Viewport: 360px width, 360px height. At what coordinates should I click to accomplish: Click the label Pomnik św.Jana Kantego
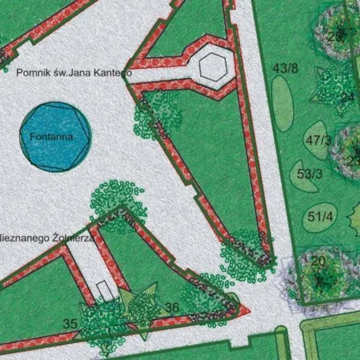tap(73, 72)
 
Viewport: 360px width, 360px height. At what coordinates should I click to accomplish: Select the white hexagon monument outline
tap(212, 66)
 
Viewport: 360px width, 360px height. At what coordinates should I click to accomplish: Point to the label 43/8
tap(285, 68)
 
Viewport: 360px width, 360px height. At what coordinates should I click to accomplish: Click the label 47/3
tap(318, 140)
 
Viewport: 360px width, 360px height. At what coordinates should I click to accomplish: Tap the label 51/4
tap(321, 217)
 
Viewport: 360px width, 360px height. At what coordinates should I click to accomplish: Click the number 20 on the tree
tap(319, 261)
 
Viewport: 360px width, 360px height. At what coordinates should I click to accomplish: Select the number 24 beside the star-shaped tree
tap(347, 97)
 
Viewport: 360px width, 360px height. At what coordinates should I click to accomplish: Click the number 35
tap(70, 324)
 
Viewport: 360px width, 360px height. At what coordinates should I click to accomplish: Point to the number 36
tap(172, 308)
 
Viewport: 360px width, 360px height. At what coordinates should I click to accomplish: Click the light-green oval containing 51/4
tap(321, 217)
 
